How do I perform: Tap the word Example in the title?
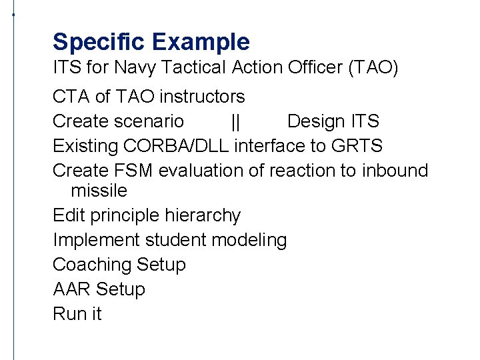[201, 42]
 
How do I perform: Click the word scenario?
[149, 121]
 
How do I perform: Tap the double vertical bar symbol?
[235, 121]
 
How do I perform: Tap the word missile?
[99, 191]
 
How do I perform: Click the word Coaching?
[92, 265]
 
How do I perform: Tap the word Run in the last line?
[68, 314]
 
